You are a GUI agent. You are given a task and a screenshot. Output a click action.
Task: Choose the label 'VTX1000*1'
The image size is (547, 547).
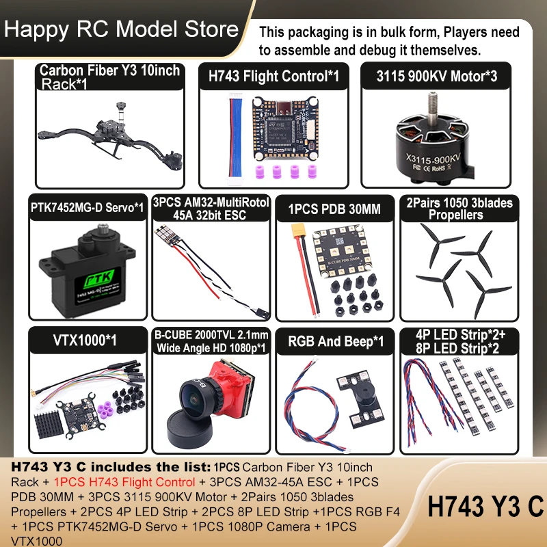click(x=85, y=340)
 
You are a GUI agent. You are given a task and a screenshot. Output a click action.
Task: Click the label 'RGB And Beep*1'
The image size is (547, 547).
click(x=335, y=341)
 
